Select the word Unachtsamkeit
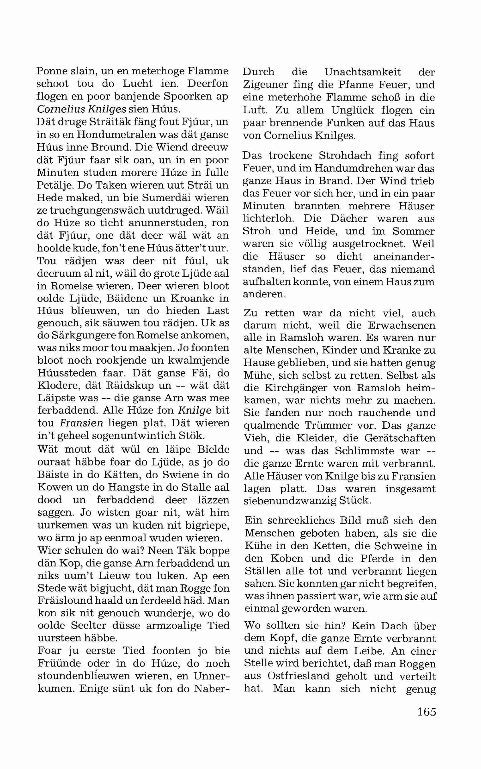click(x=363, y=72)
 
